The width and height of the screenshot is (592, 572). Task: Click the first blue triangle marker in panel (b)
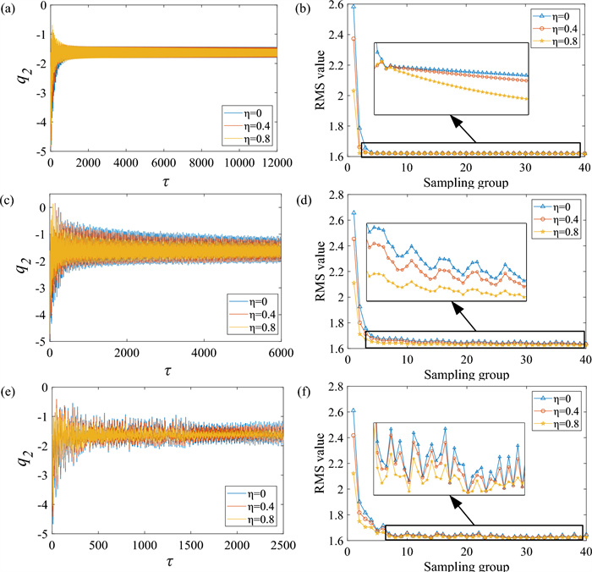click(354, 7)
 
